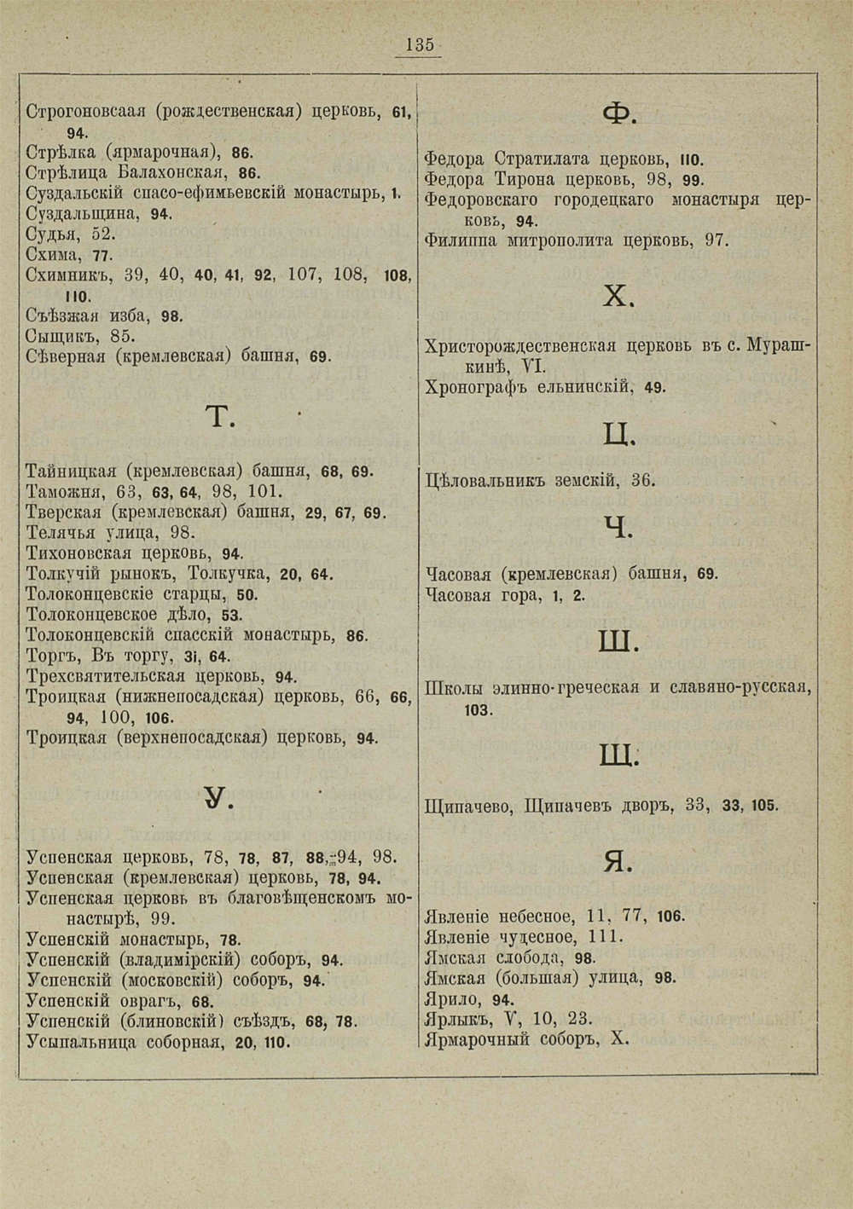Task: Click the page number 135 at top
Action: [x=420, y=45]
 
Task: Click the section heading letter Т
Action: [x=221, y=417]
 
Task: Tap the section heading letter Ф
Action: [x=616, y=114]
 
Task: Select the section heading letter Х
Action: [x=618, y=297]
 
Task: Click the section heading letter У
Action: [x=219, y=798]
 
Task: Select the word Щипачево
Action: [x=467, y=805]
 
